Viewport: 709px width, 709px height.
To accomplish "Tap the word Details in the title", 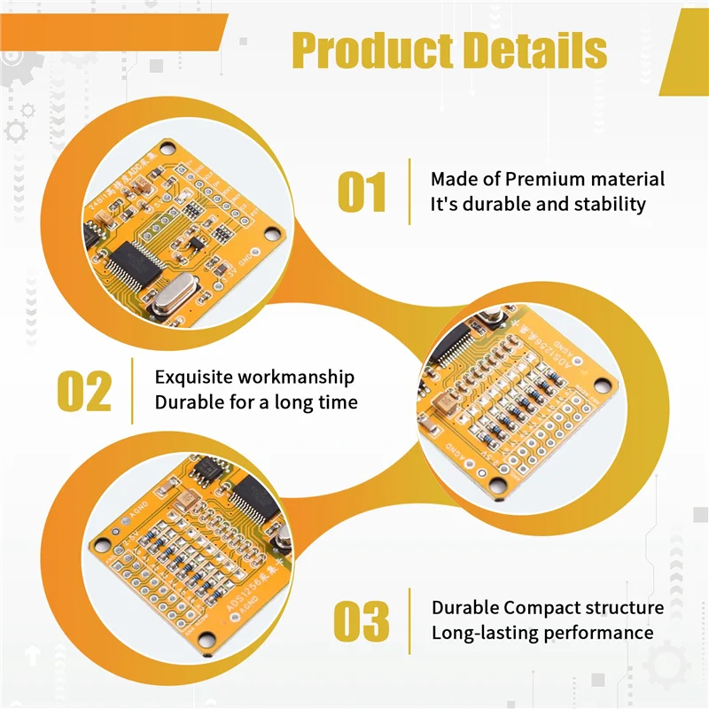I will tap(537, 51).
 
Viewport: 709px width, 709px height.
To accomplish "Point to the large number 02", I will tap(85, 391).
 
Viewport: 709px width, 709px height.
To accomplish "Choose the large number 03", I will tap(362, 621).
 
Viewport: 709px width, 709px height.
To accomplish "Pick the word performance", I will tap(601, 633).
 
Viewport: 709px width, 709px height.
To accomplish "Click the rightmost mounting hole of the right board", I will tap(604, 385).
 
